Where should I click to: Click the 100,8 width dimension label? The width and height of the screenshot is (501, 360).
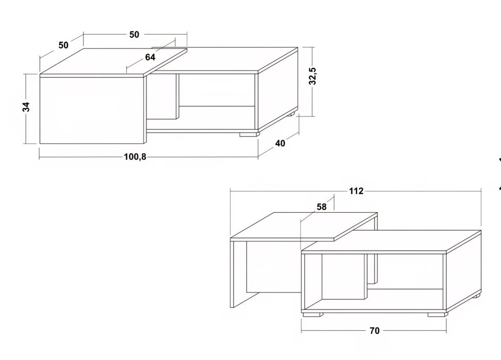(135, 157)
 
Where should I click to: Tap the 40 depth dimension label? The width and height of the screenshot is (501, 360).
(280, 144)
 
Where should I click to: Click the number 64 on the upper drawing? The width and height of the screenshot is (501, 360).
(150, 57)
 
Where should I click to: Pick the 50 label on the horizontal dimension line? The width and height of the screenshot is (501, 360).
(134, 35)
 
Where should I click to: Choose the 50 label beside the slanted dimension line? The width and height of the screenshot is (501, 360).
(63, 45)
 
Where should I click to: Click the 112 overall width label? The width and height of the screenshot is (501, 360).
(356, 191)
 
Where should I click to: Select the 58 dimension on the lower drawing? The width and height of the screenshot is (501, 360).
(321, 207)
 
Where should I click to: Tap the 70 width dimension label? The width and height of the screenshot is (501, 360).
(374, 331)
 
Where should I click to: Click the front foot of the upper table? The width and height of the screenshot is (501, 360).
(249, 134)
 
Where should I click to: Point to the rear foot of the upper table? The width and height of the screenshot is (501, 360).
(291, 114)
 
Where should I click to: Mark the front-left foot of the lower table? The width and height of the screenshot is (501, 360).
(313, 315)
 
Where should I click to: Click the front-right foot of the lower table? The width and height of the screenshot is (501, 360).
(437, 315)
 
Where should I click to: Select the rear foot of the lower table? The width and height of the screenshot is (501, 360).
(476, 296)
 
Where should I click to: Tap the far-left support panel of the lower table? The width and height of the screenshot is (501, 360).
(238, 273)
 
